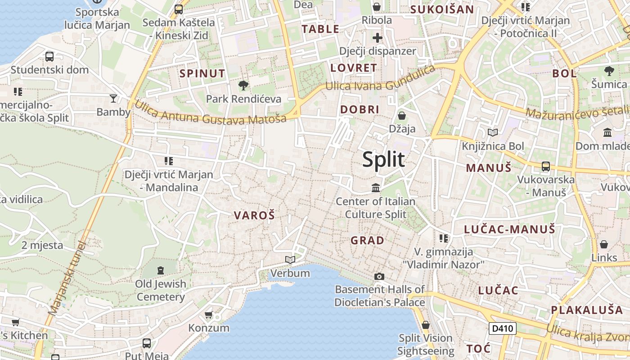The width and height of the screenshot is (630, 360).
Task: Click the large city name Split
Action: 383,160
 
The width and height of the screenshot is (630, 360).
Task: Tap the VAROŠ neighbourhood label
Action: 254,216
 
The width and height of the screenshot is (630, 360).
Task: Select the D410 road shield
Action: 502,328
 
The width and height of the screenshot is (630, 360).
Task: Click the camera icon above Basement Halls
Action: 379,276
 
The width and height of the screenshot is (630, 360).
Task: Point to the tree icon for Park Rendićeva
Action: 243,85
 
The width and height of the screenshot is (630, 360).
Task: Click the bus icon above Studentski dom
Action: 49,57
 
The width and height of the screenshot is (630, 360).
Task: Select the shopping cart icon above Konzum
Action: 208,315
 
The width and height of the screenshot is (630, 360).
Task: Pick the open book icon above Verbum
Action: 290,260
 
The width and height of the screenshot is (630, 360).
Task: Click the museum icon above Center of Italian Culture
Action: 376,188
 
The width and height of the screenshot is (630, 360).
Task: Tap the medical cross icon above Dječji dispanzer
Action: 377,38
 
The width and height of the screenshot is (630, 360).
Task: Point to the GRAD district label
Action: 368,240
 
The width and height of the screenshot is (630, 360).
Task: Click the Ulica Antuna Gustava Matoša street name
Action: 210,113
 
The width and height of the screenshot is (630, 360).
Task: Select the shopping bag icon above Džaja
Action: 402,116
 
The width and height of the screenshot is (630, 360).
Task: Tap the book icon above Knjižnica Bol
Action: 493,133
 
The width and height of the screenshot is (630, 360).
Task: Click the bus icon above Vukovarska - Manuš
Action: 546,166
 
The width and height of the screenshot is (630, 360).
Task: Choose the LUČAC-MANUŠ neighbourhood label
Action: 509,229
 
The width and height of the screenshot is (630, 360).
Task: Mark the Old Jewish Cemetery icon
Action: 161,270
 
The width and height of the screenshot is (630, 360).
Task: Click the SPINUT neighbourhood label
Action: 202,73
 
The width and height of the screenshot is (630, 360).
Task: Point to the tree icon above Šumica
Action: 609,71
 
